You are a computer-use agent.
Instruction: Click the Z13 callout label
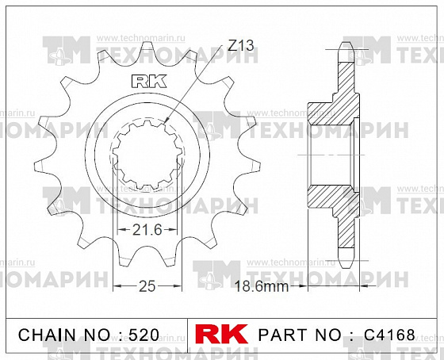tap(241, 45)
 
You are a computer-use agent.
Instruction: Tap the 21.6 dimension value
tap(147, 230)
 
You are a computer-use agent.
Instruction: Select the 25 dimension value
tap(147, 286)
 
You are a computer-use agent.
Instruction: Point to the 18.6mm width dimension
tap(262, 286)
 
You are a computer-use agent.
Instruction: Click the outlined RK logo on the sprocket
tap(149, 82)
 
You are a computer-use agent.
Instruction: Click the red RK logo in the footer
tap(221, 334)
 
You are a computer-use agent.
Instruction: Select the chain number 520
tap(144, 335)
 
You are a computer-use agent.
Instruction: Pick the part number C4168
tap(389, 335)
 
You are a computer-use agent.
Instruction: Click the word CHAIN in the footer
tap(47, 335)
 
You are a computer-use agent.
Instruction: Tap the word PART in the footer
tap(282, 335)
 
